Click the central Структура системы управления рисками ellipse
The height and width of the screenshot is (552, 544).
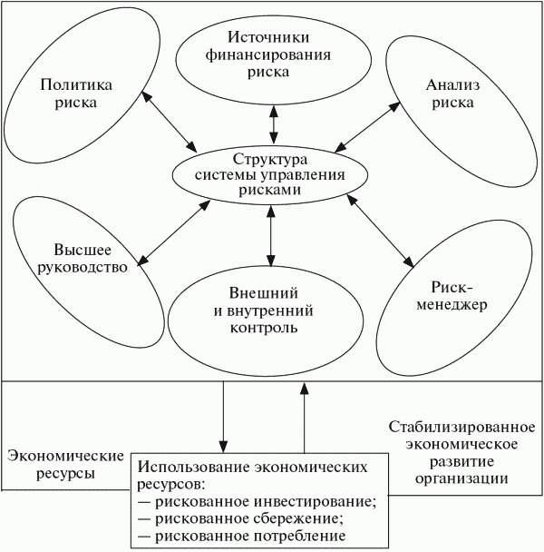click(x=271, y=178)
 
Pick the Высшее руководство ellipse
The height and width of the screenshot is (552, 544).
click(x=77, y=258)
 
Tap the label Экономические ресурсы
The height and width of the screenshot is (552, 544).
click(x=55, y=466)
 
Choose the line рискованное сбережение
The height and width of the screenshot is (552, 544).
click(x=241, y=519)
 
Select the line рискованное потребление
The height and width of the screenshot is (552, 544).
click(x=242, y=537)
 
